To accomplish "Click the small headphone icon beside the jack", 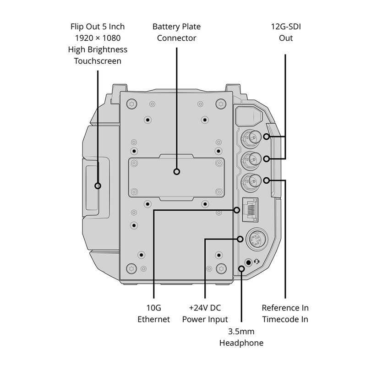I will (256, 262).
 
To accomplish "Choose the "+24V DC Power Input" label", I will (205, 313).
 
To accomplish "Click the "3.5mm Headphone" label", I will (241, 337).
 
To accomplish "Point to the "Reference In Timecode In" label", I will (285, 313).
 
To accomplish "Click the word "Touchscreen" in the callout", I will (98, 60).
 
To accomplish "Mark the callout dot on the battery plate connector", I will (177, 172).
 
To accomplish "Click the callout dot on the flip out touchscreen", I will (98, 185).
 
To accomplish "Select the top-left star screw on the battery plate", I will (132, 103).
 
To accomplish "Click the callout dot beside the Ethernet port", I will (237, 210).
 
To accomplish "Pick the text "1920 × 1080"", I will (98, 38).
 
